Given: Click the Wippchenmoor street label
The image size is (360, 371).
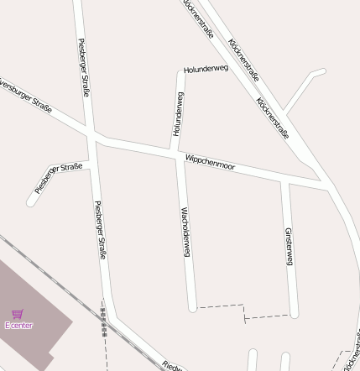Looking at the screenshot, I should pyautogui.click(x=210, y=163).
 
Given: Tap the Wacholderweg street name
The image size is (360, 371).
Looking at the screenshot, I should pyautogui.click(x=186, y=230).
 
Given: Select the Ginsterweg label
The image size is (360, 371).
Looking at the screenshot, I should pyautogui.click(x=288, y=247).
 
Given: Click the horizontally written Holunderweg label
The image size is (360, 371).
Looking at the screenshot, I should pyautogui.click(x=206, y=69).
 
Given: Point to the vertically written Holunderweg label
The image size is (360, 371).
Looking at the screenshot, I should pyautogui.click(x=178, y=114).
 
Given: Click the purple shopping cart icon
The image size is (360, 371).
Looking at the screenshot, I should pyautogui.click(x=18, y=314).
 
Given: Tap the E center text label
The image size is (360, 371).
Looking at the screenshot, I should pyautogui.click(x=18, y=325).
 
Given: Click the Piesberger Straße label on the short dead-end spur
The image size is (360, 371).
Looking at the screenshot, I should pyautogui.click(x=59, y=177).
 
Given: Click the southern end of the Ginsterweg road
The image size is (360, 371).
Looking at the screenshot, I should pyautogui.click(x=295, y=315).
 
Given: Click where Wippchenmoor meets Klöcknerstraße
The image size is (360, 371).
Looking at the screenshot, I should pyautogui.click(x=324, y=183).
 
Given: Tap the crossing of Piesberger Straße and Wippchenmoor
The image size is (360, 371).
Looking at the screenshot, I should pyautogui.click(x=92, y=136).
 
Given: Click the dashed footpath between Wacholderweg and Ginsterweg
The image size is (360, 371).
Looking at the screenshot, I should pyautogui.click(x=243, y=311).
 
